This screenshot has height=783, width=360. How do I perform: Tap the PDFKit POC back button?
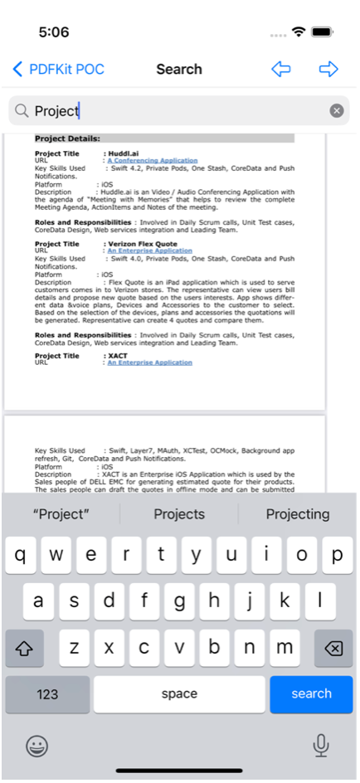[x=58, y=69]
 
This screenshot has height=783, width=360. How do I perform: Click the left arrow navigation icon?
[x=281, y=69]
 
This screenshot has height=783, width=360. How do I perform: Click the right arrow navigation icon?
[x=328, y=69]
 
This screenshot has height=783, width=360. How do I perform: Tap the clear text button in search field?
[x=336, y=110]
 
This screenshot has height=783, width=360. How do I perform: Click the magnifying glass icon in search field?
[x=22, y=111]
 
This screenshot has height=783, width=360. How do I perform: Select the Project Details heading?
[x=67, y=139]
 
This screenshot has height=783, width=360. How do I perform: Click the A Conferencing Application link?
[x=152, y=160]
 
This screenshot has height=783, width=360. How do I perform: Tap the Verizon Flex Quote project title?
[x=142, y=244]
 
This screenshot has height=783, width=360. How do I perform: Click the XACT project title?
[x=117, y=355]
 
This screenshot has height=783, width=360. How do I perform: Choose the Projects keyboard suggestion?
[x=179, y=514]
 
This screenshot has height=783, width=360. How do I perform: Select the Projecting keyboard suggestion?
[x=297, y=514]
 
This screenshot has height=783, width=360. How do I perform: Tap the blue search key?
[x=311, y=693]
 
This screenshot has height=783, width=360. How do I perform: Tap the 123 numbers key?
[x=47, y=693]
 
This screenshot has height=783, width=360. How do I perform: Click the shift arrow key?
[x=24, y=648]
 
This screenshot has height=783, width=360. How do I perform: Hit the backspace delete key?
[x=333, y=648]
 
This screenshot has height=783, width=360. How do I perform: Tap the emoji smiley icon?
[x=36, y=746]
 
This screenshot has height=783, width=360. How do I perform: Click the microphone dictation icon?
[x=321, y=746]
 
